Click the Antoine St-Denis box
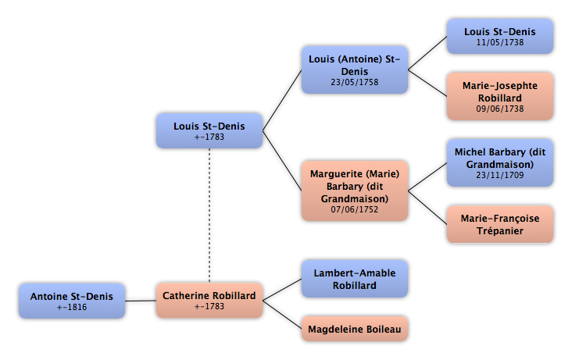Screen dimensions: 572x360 tap(72, 301)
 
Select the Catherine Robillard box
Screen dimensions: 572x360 tap(209, 300)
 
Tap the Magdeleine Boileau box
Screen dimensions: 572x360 tap(355, 329)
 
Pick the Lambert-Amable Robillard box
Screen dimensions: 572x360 tap(355, 279)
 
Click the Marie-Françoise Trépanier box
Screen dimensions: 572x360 tap(500, 224)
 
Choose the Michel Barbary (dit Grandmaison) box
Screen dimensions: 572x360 tap(500, 162)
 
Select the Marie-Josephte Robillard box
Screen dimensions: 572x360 tap(500, 96)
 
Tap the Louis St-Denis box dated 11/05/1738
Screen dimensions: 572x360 tap(500, 37)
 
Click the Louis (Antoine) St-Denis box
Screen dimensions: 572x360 tap(355, 70)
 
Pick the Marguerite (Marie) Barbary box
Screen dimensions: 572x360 tap(355, 191)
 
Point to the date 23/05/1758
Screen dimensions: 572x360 tap(355, 83)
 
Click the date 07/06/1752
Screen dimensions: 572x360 tap(355, 210)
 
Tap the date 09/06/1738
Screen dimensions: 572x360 tap(500, 109)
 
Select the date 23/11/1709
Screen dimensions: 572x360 tap(500, 175)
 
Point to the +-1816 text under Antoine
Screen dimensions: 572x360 tap(72, 307)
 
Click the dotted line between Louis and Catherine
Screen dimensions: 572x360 tap(209, 216)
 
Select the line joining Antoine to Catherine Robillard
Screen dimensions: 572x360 tap(141, 301)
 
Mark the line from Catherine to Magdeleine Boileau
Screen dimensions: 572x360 tap(282, 315)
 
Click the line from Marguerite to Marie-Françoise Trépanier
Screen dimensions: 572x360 tap(427, 208)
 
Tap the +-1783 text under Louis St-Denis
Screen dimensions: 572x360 tap(209, 137)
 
